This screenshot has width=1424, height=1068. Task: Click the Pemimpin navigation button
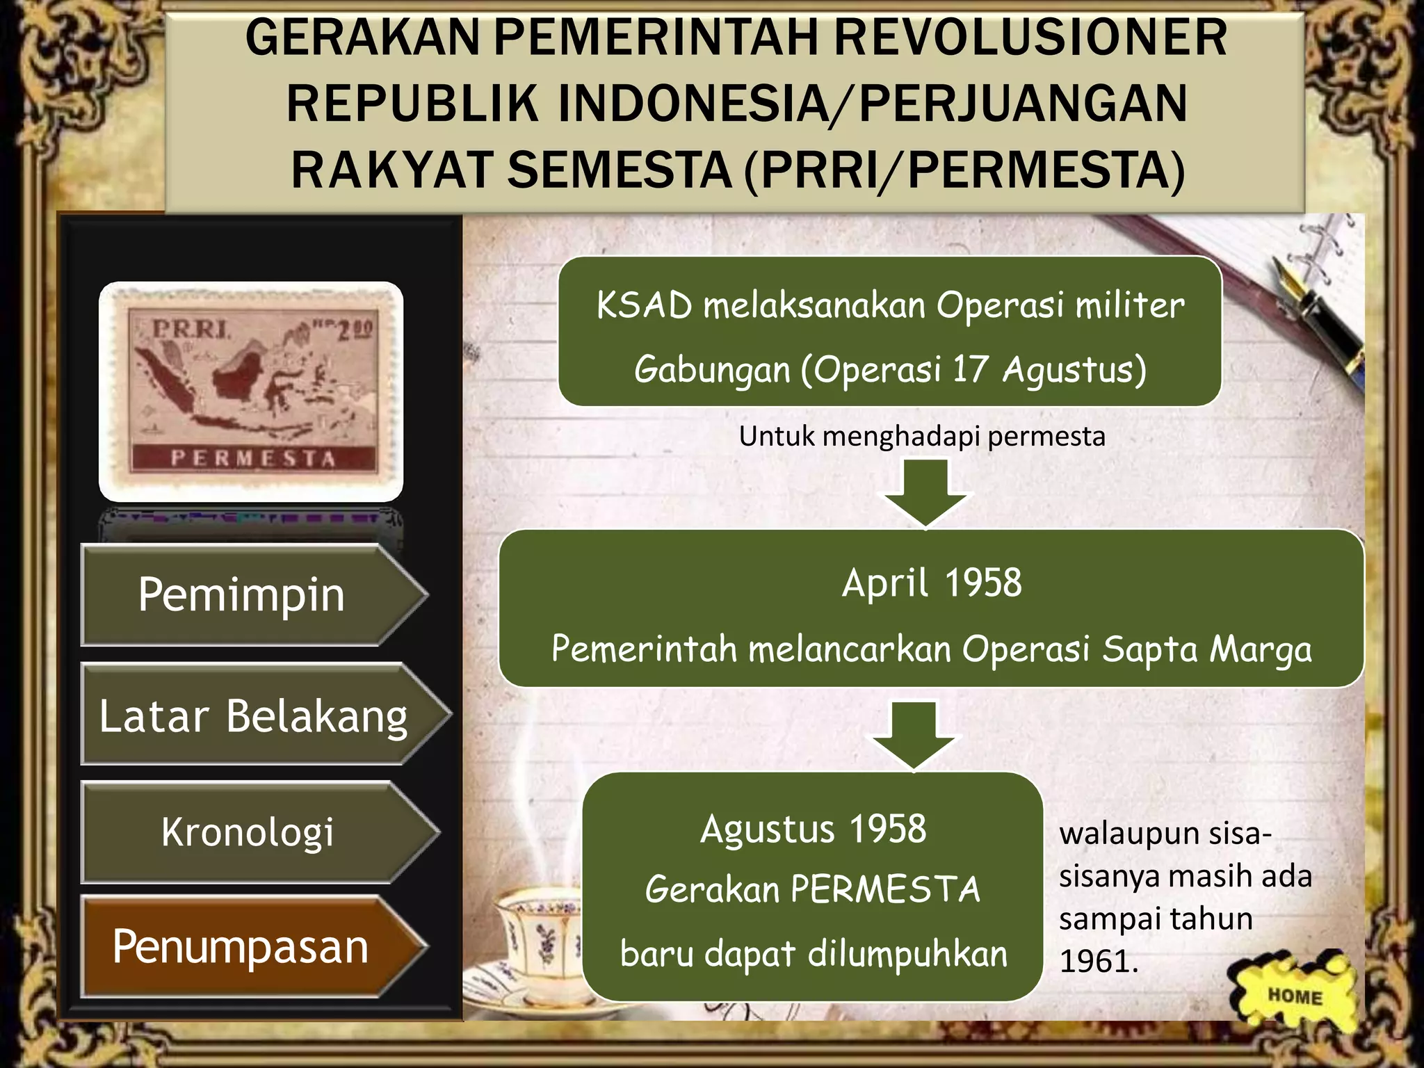[243, 595]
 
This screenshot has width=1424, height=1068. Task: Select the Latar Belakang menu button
[254, 715]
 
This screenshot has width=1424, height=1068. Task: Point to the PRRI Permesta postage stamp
[251, 391]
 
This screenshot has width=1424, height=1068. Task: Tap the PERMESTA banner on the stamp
[253, 459]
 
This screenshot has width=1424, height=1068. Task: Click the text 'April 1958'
[932, 583]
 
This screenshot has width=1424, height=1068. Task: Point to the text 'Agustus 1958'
[813, 829]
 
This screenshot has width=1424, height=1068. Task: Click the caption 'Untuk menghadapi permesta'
[921, 437]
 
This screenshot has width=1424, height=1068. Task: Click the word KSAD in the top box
[644, 305]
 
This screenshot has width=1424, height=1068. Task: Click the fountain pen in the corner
[1314, 306]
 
